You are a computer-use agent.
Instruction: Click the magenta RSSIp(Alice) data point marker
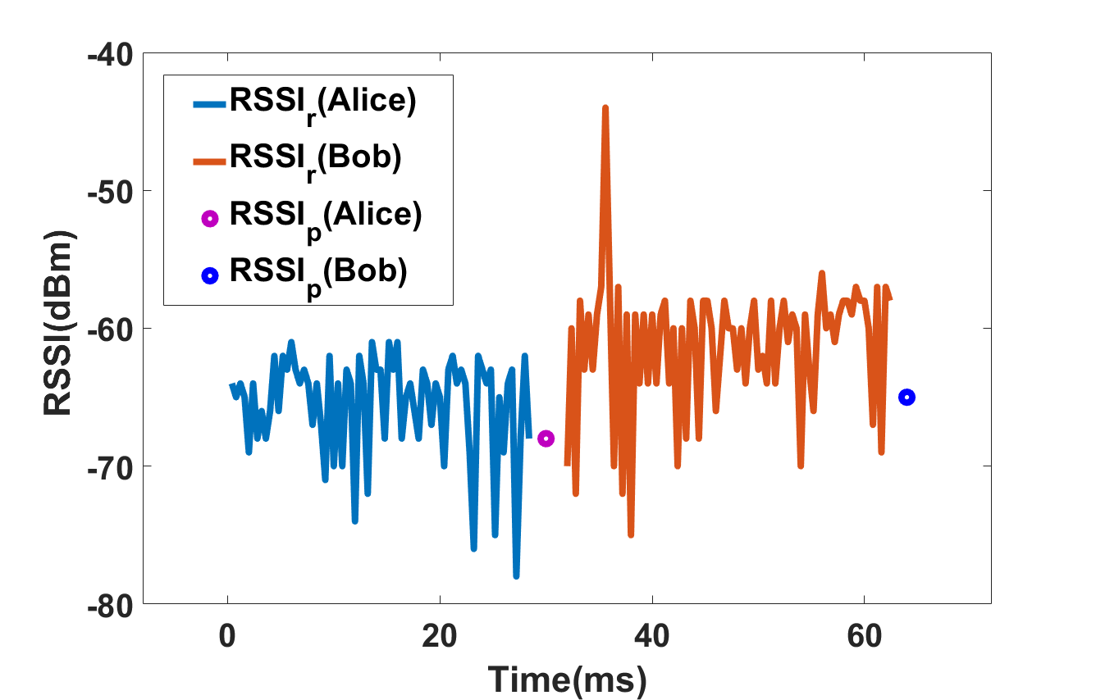coord(546,439)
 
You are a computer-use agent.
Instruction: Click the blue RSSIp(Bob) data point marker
coord(906,398)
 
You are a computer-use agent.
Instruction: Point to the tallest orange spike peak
coord(605,107)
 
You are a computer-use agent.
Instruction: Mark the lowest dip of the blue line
coord(516,576)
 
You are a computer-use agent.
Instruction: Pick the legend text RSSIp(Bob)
coord(318,273)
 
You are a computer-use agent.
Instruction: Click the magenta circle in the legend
coord(210,219)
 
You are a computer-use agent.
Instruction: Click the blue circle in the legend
coord(210,276)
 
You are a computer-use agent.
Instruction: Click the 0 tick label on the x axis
coord(227,637)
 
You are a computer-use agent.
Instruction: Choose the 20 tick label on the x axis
coord(440,637)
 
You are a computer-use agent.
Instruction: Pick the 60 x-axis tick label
coord(864,637)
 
